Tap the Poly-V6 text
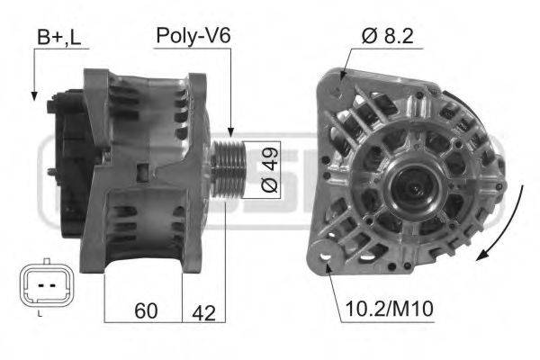coord(194,36)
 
